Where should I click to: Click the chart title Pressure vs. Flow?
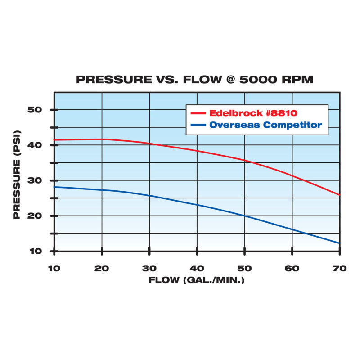coord(194,80)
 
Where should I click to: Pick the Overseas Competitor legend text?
coord(265,125)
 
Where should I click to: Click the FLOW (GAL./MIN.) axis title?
coord(197,280)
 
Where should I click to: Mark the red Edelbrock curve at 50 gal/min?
coord(244,160)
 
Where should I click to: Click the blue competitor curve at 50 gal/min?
coord(244,216)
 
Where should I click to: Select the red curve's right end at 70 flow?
coord(339,195)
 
